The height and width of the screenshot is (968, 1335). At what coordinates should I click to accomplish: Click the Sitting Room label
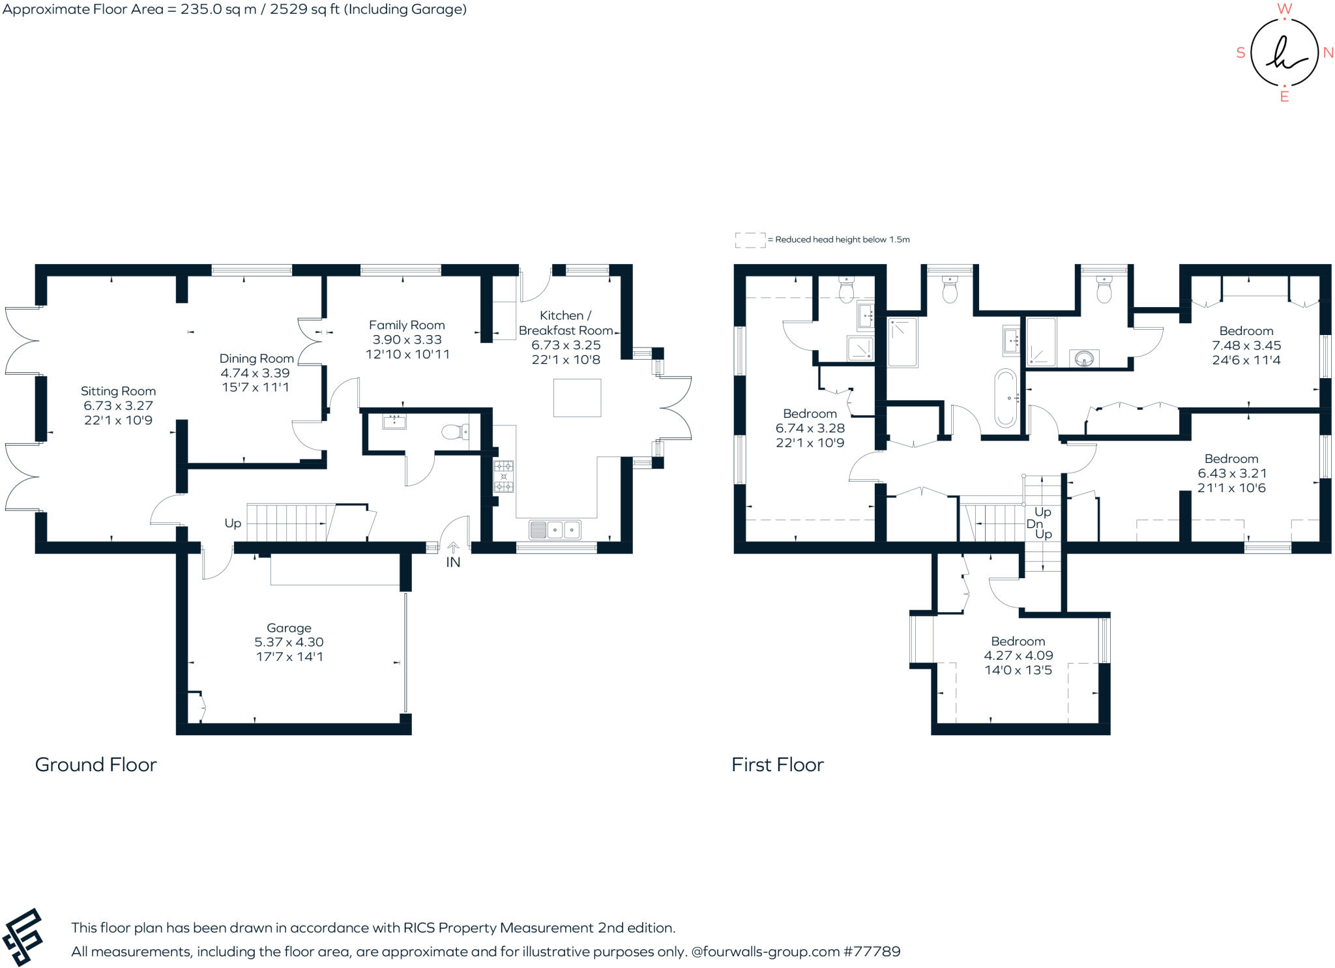click(118, 391)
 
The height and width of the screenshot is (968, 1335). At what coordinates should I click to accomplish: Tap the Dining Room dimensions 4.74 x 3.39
click(255, 373)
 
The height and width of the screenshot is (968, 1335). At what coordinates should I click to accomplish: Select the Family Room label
click(407, 325)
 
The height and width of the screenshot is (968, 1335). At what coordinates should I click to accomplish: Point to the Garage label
click(289, 628)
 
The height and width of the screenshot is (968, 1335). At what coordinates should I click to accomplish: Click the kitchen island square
click(577, 398)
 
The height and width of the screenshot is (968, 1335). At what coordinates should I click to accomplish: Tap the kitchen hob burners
click(503, 477)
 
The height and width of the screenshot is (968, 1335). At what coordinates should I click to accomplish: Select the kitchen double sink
click(555, 530)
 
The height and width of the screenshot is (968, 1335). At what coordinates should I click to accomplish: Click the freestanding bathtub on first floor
click(1005, 398)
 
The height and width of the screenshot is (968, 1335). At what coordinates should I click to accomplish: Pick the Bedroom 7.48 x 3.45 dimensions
click(1246, 345)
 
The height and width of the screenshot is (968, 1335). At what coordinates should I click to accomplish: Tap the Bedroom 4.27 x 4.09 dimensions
click(1018, 655)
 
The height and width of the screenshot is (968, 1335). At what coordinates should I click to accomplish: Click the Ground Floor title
click(96, 765)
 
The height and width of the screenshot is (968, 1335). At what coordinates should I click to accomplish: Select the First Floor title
click(777, 765)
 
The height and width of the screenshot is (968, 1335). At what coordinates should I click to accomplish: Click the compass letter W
click(1284, 8)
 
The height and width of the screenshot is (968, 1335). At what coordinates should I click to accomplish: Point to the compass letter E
click(1284, 97)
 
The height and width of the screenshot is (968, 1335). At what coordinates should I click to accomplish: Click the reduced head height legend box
click(750, 240)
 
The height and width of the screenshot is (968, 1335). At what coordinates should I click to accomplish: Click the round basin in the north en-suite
click(1084, 359)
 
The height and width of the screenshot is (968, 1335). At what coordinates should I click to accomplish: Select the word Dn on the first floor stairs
click(1034, 523)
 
